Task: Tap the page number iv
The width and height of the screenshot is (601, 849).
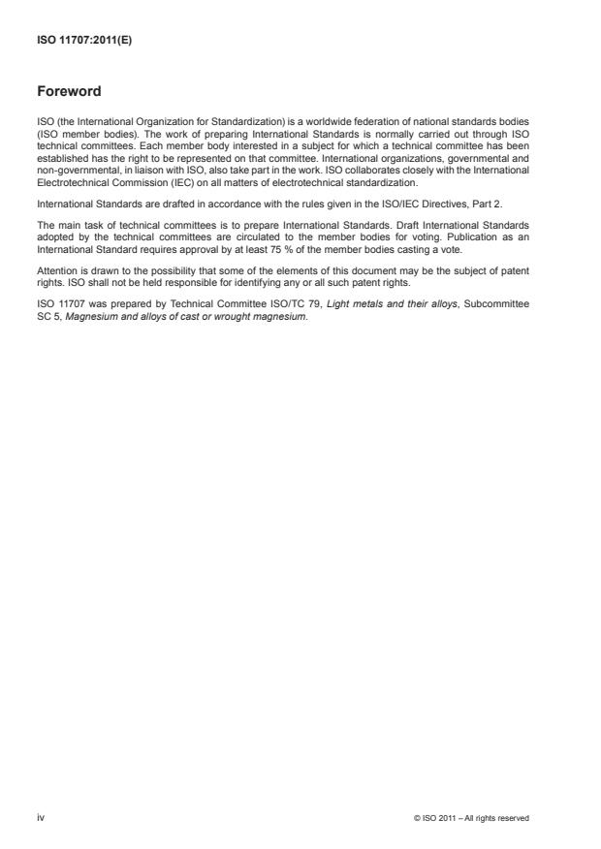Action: click(x=41, y=818)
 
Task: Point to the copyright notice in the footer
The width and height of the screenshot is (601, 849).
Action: click(x=471, y=819)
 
